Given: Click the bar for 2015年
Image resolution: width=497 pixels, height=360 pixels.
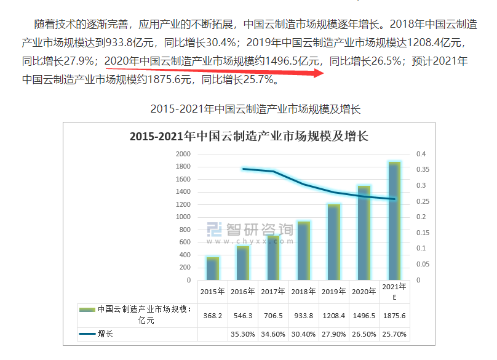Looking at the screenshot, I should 212,268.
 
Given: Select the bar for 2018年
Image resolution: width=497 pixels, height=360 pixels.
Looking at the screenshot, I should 303,250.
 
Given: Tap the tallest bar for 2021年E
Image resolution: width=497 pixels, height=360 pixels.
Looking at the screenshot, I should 394,221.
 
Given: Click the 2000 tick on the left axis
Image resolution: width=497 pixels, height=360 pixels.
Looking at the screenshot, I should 183,154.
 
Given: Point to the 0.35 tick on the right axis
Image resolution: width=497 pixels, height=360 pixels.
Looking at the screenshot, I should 425,170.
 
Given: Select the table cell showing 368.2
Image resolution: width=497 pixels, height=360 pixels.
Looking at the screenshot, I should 212,315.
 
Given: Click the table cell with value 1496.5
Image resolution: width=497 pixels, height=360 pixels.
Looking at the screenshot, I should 364,315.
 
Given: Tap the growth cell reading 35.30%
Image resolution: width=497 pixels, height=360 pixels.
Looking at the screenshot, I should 242,334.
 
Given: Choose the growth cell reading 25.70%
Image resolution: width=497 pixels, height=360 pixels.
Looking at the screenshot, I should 394,334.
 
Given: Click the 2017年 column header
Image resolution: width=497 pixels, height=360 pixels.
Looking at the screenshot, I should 273,292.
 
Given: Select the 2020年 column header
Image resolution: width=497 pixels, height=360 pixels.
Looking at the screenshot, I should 364,292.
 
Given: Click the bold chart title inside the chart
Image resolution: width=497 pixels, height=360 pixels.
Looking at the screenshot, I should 248,137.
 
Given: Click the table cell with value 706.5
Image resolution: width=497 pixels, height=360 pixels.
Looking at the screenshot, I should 273,315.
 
